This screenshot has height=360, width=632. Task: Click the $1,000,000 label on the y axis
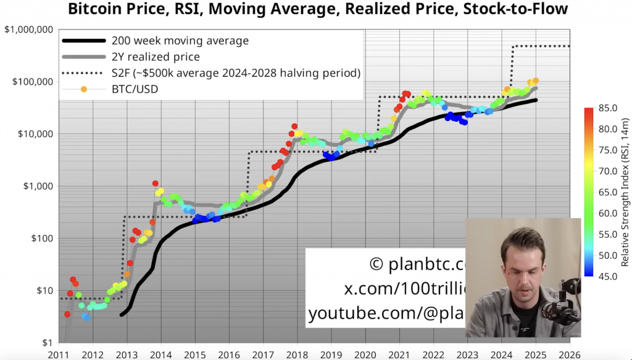[x=30, y=30]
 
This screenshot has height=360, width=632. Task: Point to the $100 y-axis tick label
[x=42, y=238]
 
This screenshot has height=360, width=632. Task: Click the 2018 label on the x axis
[x=297, y=354]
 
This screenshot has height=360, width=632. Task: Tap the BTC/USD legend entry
[x=135, y=90]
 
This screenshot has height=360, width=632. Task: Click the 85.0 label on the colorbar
[x=609, y=108]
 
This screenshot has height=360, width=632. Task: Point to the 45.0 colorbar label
[x=609, y=277]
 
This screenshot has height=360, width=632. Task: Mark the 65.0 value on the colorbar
[x=609, y=192]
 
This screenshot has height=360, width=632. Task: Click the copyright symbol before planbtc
[x=376, y=265]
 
